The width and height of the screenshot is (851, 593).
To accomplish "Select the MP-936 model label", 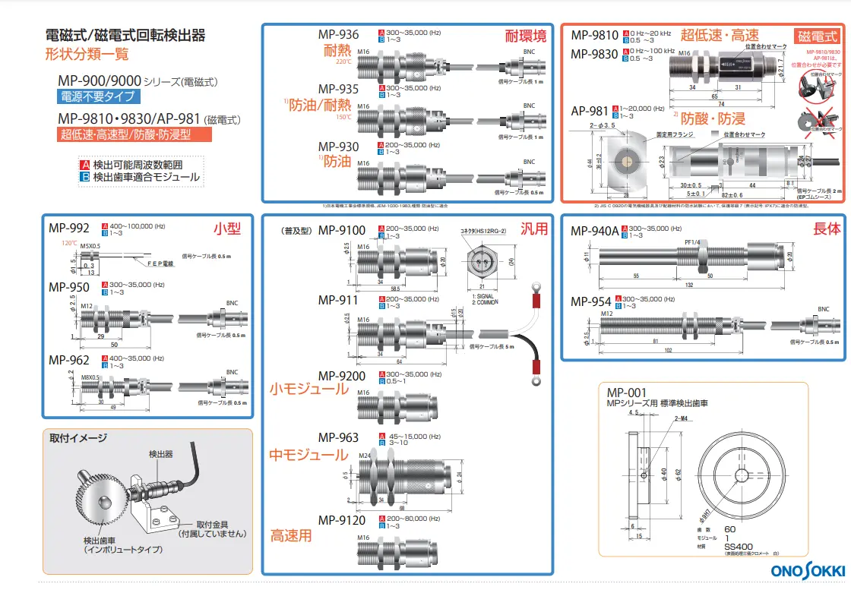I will click(x=338, y=35).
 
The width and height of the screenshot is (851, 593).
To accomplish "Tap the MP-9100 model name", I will click(x=341, y=230).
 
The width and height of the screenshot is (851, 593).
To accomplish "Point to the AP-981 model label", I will click(x=590, y=110).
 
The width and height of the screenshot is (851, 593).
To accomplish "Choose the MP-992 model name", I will click(x=68, y=227).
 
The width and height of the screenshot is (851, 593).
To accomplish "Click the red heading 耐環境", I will click(x=525, y=36).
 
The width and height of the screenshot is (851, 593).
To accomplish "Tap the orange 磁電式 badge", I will click(x=817, y=36).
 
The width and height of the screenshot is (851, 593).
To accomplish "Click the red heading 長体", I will click(x=827, y=228).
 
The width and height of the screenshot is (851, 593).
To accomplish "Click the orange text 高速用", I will click(x=290, y=536).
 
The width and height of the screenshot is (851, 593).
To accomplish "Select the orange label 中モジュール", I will click(x=308, y=456).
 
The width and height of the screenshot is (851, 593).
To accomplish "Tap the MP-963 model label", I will click(x=338, y=437).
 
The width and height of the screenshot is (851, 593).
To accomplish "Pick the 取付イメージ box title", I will click(x=78, y=438).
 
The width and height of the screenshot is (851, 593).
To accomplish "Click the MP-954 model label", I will click(x=592, y=301).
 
